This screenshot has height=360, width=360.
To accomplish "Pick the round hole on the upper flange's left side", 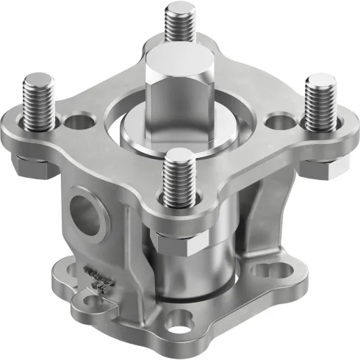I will [x=76, y=120].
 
